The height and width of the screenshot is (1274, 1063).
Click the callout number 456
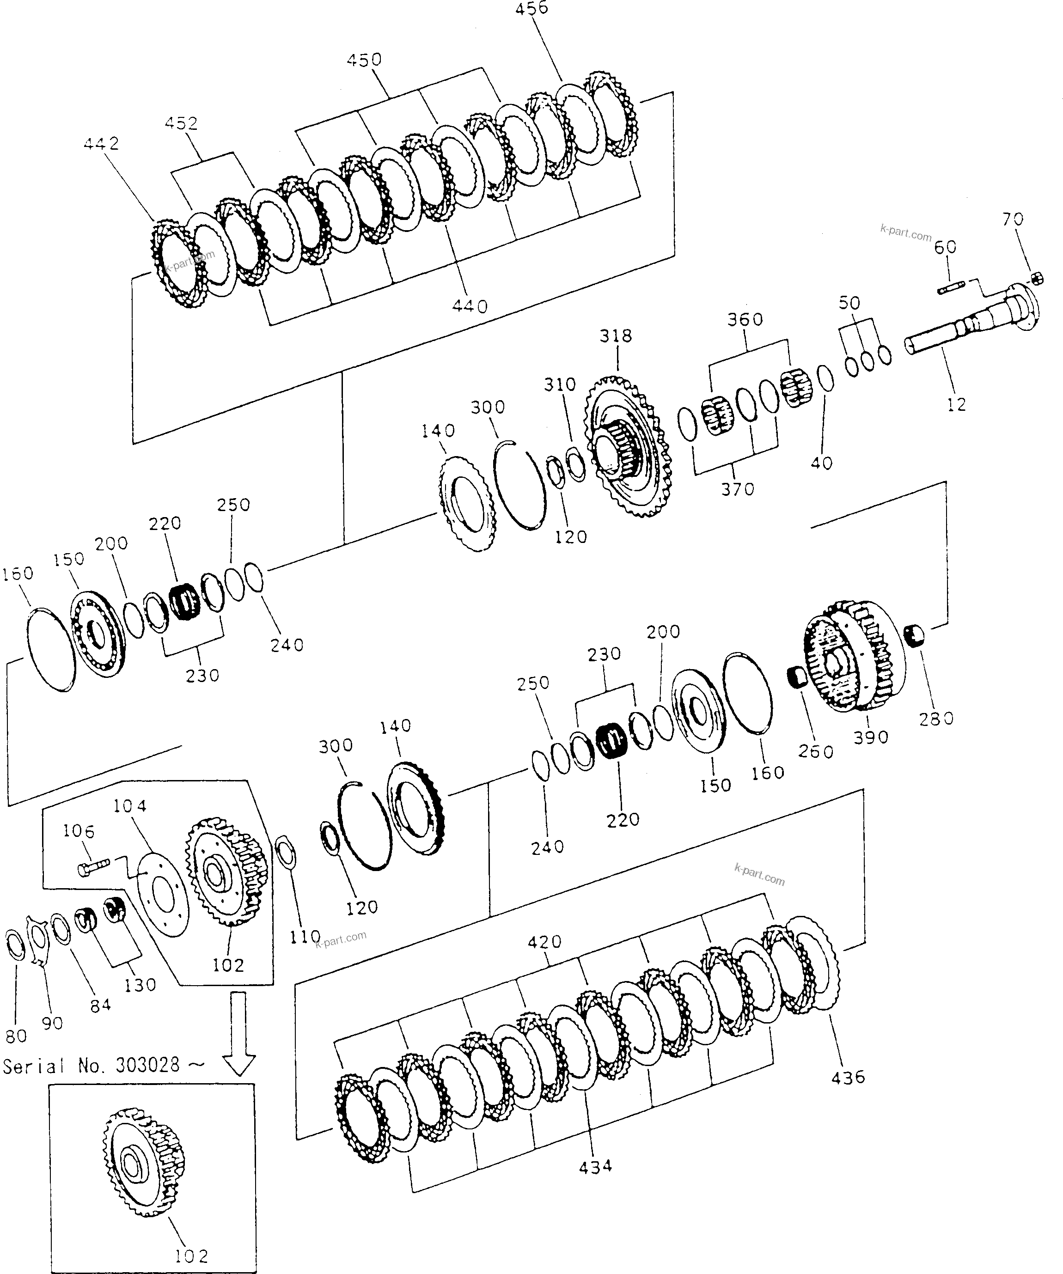click(531, 8)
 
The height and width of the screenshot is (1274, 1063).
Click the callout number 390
click(871, 738)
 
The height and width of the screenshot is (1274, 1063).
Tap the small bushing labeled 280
click(914, 636)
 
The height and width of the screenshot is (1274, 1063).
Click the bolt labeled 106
click(93, 867)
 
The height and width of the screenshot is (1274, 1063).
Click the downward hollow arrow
click(238, 1033)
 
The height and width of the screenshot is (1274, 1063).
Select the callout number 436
click(848, 1078)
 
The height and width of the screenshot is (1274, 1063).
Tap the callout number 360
click(745, 319)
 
